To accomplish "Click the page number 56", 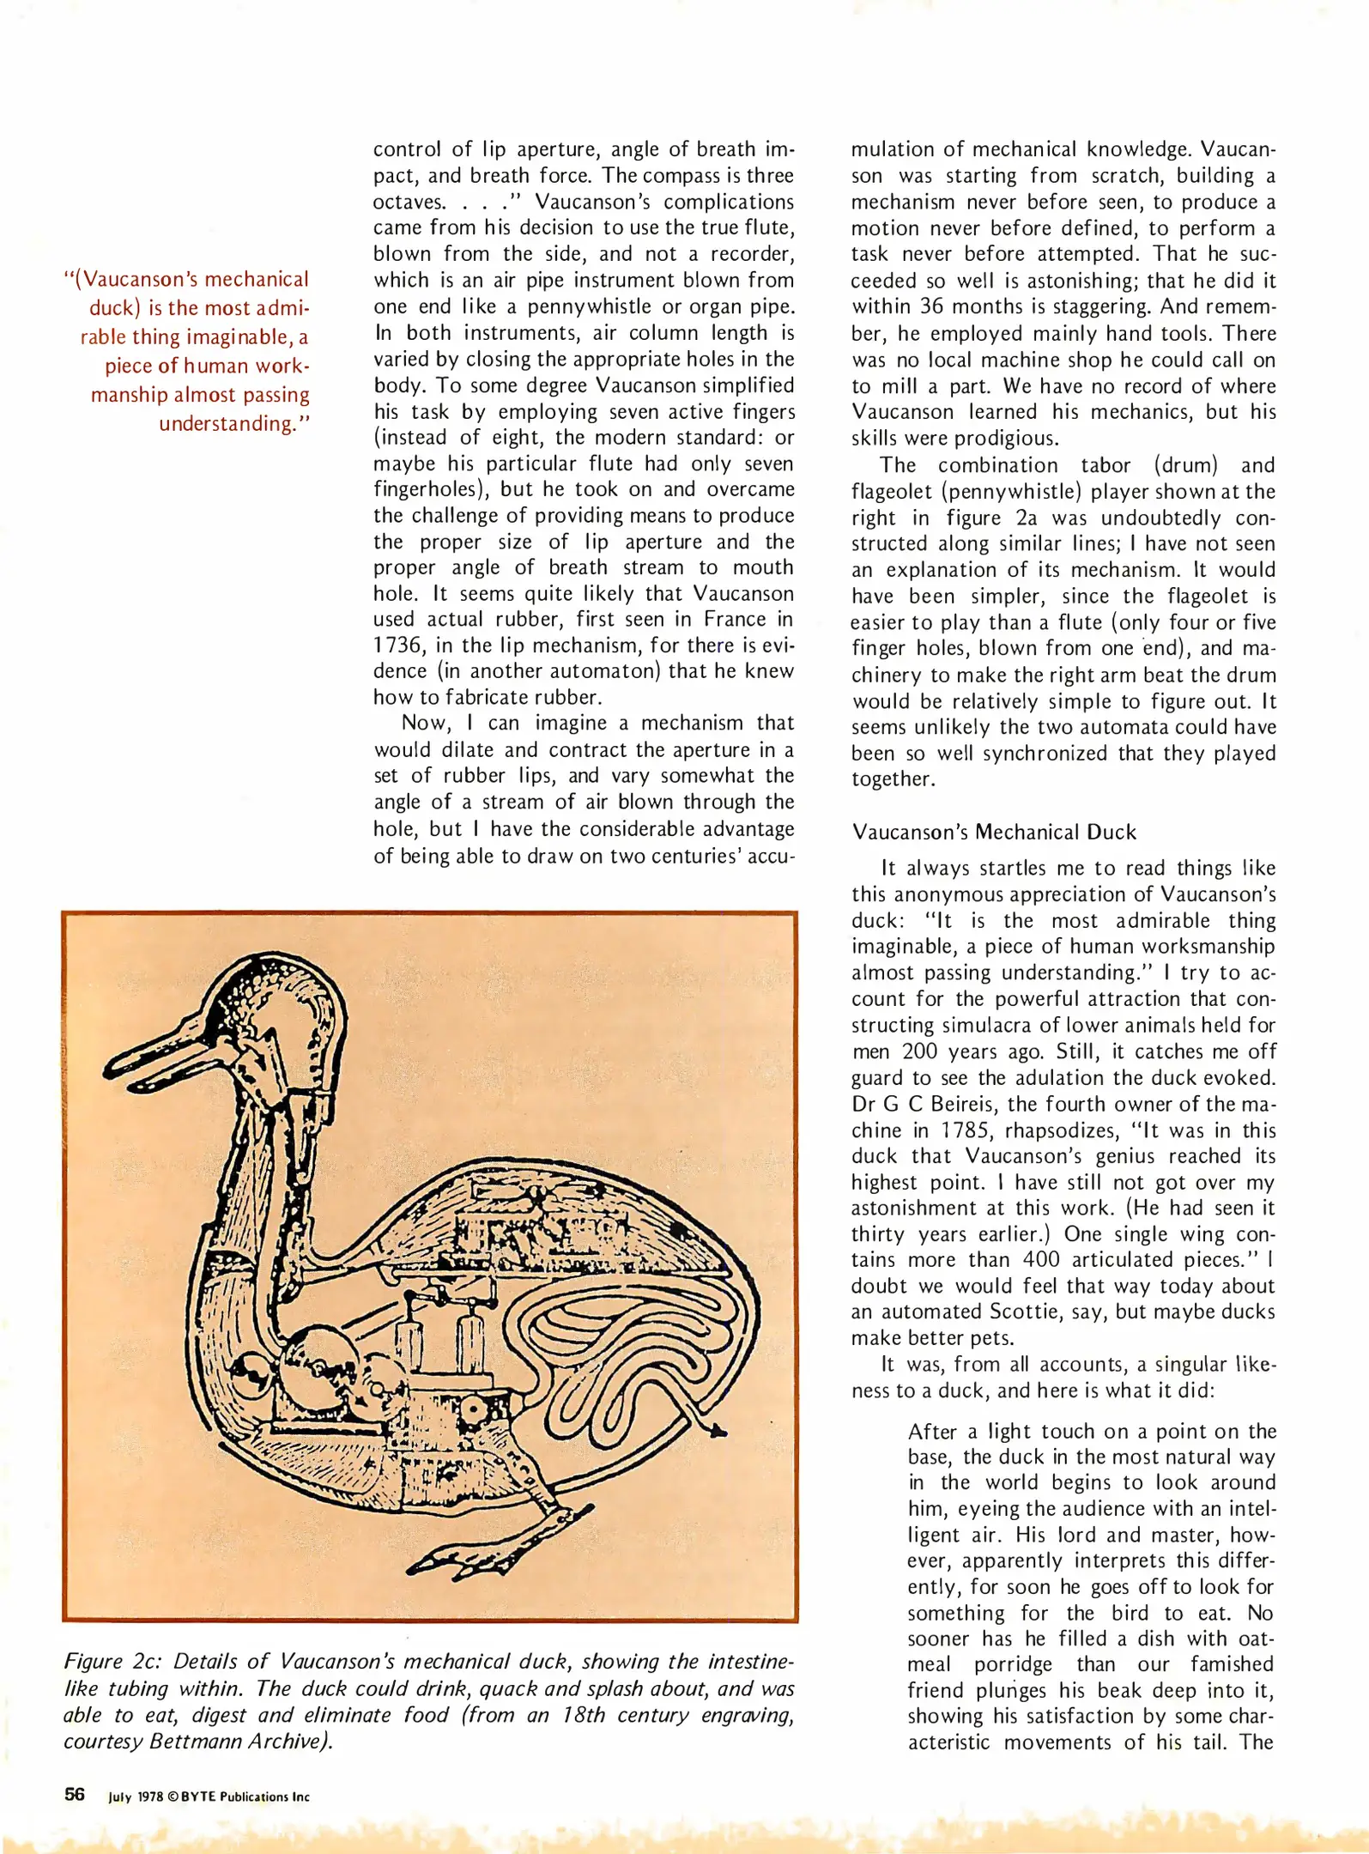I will [75, 1795].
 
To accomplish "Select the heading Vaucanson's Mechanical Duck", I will [994, 832].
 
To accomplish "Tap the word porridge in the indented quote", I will [1013, 1664].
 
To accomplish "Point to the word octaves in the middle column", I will [408, 203].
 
